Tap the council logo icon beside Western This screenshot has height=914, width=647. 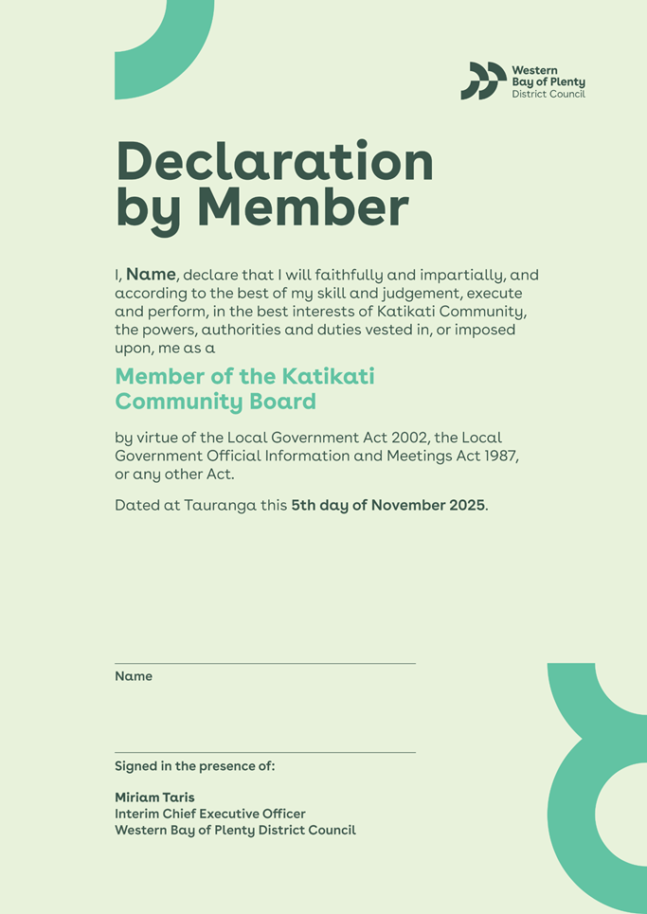tap(483, 81)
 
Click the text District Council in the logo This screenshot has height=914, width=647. tap(548, 94)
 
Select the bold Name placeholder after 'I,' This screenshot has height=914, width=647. tap(151, 275)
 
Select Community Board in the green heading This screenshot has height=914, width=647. tap(215, 402)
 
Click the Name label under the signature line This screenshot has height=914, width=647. tap(134, 676)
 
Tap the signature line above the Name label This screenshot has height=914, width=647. tap(265, 663)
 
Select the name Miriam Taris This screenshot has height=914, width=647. tap(154, 798)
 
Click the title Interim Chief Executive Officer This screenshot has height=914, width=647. tap(209, 814)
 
